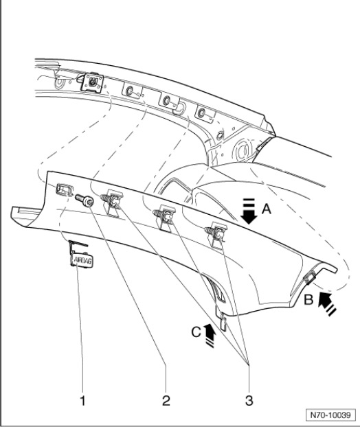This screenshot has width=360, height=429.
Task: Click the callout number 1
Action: (x=82, y=400)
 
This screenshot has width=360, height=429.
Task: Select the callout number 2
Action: (x=166, y=400)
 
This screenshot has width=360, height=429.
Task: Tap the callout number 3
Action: (x=249, y=400)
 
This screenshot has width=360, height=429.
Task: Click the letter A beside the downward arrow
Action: (x=267, y=209)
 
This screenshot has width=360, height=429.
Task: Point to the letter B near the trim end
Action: (x=308, y=300)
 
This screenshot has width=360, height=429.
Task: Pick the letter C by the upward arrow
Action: (x=196, y=332)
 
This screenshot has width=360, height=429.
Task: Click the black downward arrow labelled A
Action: (x=249, y=211)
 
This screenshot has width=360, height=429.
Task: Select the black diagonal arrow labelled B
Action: (x=327, y=303)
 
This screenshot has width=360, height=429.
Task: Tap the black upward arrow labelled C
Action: (x=210, y=335)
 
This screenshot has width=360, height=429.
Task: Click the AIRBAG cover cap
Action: (x=81, y=259)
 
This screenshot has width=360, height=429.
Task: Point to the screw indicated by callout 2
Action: (x=85, y=200)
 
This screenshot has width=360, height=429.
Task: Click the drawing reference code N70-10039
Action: (x=330, y=415)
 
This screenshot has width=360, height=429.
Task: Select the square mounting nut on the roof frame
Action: (x=93, y=82)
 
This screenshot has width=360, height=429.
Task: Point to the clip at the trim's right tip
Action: (x=309, y=278)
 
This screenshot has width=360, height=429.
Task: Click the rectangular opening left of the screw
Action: (x=65, y=189)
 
